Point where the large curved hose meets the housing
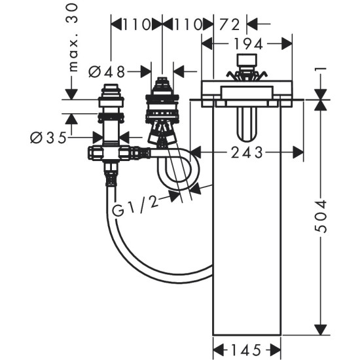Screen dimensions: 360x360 click(213, 265)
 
